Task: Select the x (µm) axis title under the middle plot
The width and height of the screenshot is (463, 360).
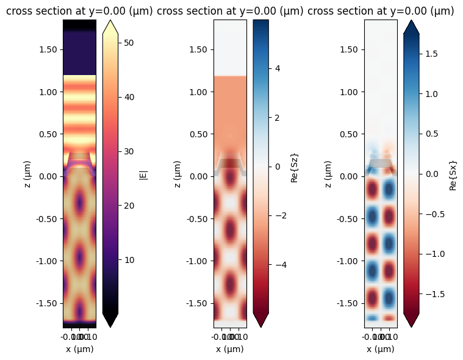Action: tap(229, 349)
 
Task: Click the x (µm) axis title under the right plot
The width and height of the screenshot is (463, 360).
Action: tap(381, 349)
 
